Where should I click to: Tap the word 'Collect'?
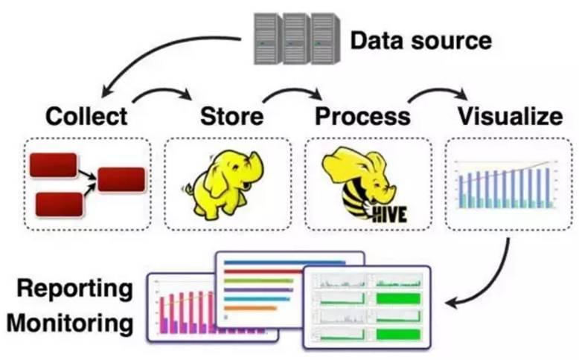(x=86, y=116)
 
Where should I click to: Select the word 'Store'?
(x=231, y=116)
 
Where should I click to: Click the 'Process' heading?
(x=362, y=116)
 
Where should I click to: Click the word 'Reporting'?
(x=75, y=289)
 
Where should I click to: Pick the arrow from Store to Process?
(x=292, y=91)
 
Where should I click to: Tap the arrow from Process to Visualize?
(x=437, y=91)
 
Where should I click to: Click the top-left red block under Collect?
(x=53, y=165)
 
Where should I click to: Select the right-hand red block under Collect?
(x=121, y=179)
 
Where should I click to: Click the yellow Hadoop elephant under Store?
(x=223, y=185)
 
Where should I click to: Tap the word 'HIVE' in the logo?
(x=389, y=215)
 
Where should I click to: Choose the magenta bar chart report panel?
(x=186, y=309)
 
